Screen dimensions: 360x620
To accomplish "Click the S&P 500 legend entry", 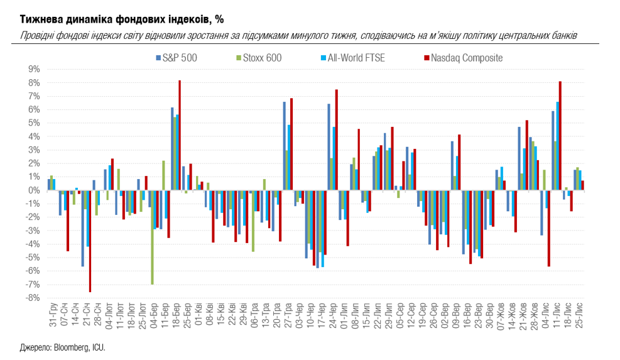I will pyautogui.click(x=179, y=58).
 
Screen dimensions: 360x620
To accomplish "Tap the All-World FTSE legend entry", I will pyautogui.click(x=354, y=58).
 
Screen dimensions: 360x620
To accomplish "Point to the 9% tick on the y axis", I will pyautogui.click(x=33, y=69).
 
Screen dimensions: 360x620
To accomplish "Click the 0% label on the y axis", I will pyautogui.click(x=33, y=190).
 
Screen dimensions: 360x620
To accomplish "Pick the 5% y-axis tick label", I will pyautogui.click(x=33, y=123).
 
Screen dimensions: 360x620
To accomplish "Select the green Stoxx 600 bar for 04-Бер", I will pyautogui.click(x=152, y=237).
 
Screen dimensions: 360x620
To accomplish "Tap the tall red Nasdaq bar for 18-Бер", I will pyautogui.click(x=180, y=135).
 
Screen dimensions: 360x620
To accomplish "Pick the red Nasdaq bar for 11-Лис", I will pyautogui.click(x=560, y=136).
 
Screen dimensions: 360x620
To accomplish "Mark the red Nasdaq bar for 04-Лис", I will pyautogui.click(x=548, y=228).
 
